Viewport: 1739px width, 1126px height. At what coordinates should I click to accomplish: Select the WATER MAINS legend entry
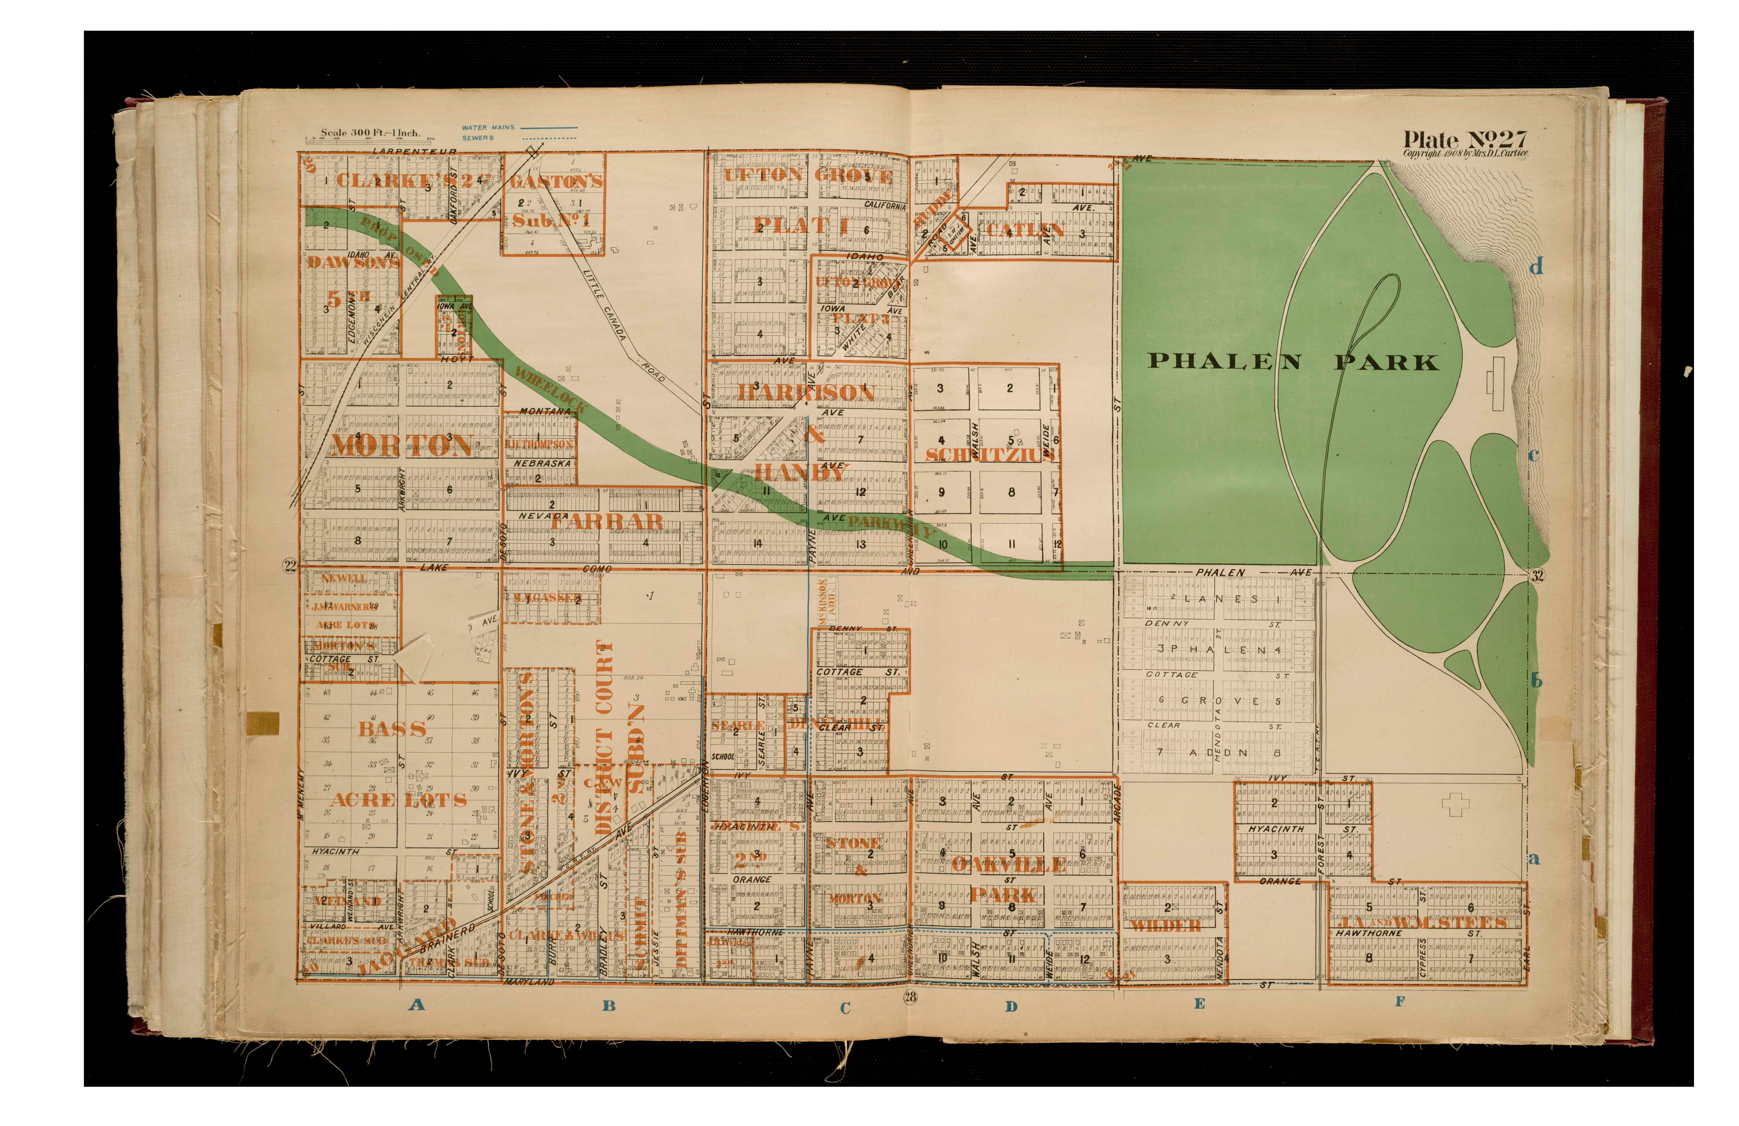(x=488, y=127)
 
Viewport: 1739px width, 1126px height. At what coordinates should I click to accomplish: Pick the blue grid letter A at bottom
(x=416, y=1005)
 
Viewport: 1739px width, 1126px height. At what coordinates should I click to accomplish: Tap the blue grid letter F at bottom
(x=1400, y=1002)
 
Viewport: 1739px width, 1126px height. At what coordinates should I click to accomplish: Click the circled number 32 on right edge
(x=1537, y=575)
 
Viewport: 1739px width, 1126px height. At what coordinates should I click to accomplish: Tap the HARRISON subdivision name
(x=806, y=393)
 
